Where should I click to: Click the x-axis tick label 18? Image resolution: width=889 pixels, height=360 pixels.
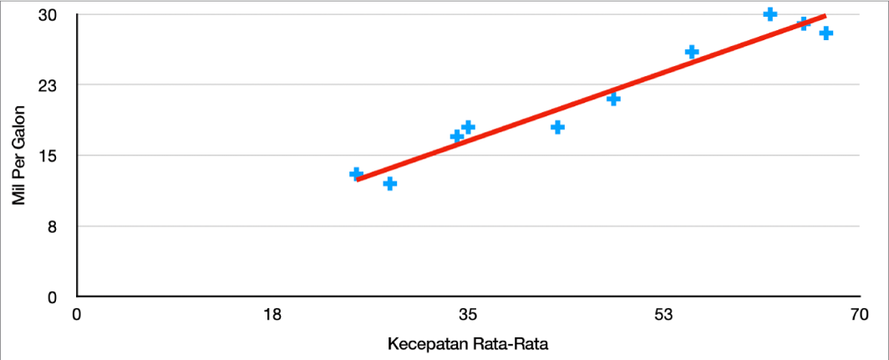coord(272,316)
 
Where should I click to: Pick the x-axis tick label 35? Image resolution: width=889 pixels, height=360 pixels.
coord(468,316)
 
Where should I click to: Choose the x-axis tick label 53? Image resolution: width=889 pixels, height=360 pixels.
coord(663,316)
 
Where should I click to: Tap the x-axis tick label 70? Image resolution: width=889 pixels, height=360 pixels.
coord(859,316)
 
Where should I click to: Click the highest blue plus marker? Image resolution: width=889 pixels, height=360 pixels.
coord(770,14)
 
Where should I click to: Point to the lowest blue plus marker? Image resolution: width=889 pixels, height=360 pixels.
coord(389,183)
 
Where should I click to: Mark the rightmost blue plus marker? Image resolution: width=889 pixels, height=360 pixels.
coord(826,33)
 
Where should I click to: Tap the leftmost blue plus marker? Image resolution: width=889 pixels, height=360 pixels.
coord(356,174)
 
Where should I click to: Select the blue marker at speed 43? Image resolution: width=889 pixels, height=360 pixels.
coord(558,127)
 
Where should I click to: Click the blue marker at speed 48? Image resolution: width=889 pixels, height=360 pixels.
coord(613,99)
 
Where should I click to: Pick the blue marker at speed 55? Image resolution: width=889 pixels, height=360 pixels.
coord(692,52)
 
